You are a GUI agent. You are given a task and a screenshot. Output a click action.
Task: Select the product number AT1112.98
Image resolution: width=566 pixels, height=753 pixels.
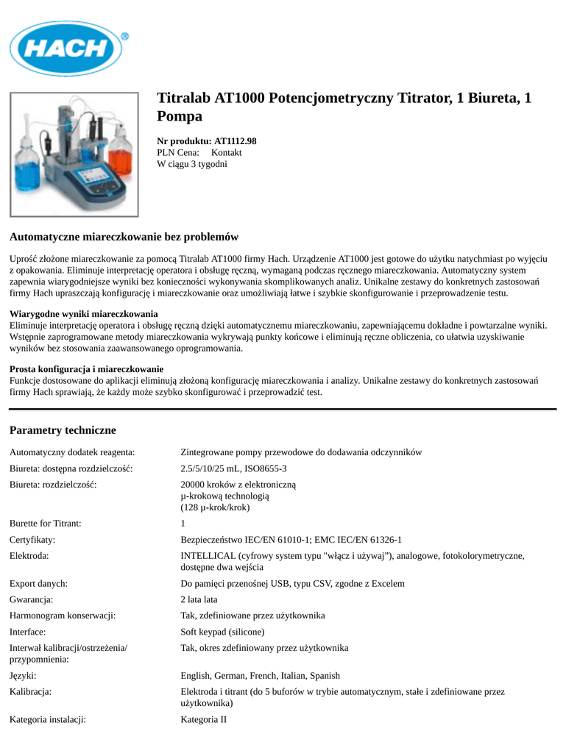235,140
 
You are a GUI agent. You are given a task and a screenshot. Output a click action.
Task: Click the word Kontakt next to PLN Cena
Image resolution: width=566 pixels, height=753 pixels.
226,152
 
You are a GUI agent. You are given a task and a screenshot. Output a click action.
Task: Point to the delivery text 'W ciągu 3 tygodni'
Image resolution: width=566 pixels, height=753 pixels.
192,164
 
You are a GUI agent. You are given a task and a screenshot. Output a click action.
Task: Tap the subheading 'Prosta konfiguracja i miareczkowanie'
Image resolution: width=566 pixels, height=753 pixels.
86,368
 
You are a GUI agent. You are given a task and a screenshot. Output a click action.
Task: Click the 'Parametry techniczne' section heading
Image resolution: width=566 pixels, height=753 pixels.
63,429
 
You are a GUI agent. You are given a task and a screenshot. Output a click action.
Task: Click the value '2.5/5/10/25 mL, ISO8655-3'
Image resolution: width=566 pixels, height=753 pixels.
233,468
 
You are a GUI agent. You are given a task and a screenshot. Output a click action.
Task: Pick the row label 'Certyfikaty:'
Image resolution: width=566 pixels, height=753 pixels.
32,539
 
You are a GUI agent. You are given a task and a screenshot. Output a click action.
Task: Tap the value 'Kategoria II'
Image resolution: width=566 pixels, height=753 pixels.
204,719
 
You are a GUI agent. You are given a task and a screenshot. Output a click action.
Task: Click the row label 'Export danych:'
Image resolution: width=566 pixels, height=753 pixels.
38,583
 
